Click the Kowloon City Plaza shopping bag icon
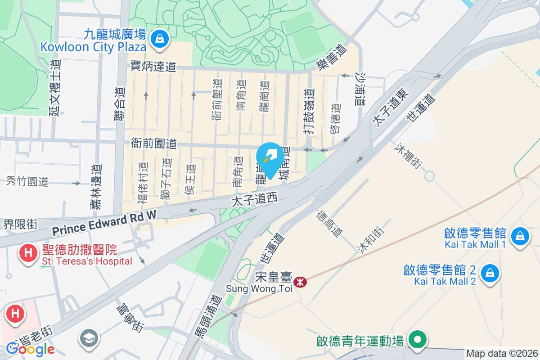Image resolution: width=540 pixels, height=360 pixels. click(x=160, y=39)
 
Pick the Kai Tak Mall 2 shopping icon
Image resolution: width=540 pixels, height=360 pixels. click(x=490, y=273)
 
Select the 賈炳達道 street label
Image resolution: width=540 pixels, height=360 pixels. click(x=153, y=67)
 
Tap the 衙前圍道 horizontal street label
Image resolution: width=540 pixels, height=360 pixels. click(x=153, y=144)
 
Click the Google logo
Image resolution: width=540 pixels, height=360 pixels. click(x=30, y=349)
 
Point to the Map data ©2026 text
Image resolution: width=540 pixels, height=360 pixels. click(x=502, y=354)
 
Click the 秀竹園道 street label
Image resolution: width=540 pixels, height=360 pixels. click(x=27, y=181)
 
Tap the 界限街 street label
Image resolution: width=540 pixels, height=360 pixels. click(x=21, y=224)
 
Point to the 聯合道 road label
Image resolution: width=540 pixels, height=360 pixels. click(x=119, y=110)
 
